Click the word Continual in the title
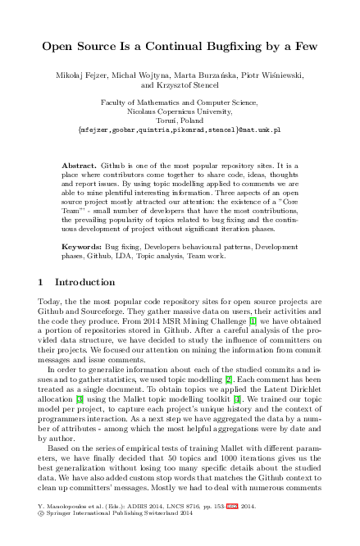pyautogui.click(x=161, y=47)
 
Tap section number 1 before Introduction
pyautogui.click(x=42, y=283)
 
